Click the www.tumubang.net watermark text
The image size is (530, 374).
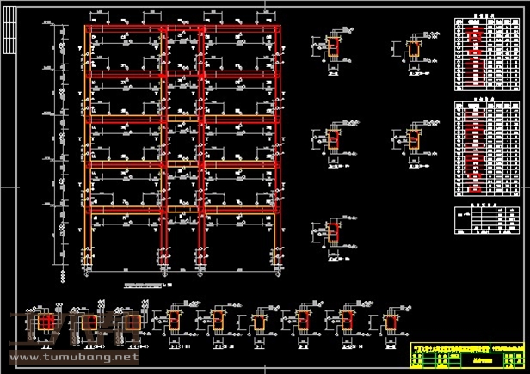coord(72,356)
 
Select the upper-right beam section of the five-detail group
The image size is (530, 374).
coord(415,51)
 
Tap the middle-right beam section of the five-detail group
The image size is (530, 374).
coord(415,140)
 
